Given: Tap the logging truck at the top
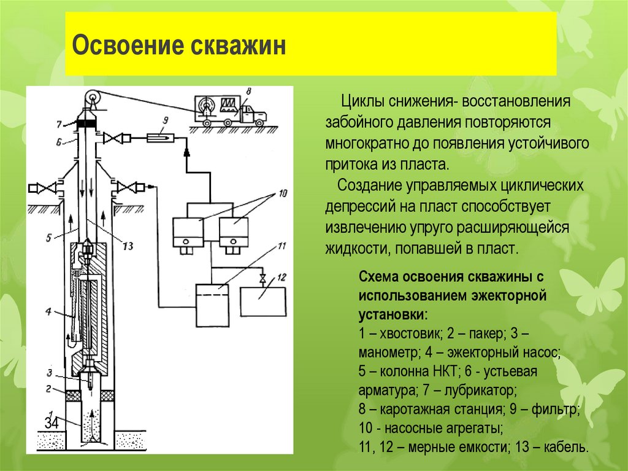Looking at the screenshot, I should click(x=229, y=110).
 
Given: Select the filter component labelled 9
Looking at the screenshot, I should click(x=162, y=139).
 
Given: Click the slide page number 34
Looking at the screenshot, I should click(x=52, y=423).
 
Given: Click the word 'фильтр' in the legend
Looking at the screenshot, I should click(x=559, y=408).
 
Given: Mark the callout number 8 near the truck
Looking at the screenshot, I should click(x=248, y=91).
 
